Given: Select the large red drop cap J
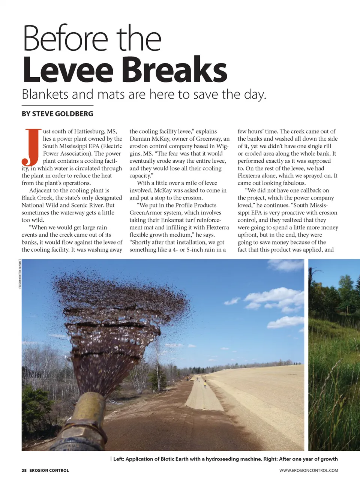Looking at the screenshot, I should point(31,147).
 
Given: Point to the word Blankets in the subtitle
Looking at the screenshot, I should point(45,94).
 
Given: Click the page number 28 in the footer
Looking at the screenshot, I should point(24,470).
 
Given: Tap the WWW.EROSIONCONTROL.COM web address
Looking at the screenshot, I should point(308,470).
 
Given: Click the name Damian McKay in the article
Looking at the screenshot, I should point(150,139).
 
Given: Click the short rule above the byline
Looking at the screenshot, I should point(57,106).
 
